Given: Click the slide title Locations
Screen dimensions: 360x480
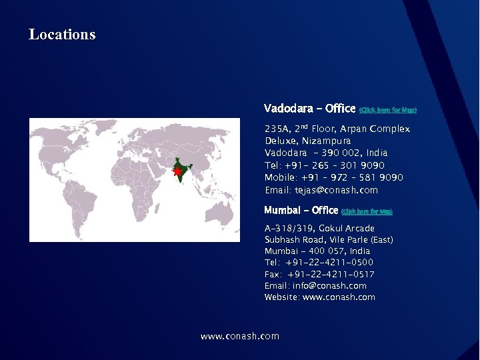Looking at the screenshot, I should [x=62, y=35].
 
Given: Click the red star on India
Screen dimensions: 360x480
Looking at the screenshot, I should [x=177, y=172].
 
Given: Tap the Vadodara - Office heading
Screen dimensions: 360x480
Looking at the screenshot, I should [x=309, y=108].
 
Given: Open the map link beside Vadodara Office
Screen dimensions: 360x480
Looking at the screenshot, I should [x=387, y=110].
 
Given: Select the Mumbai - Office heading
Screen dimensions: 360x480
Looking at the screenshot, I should [x=301, y=210].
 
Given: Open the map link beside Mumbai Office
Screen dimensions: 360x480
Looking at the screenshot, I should [x=367, y=212].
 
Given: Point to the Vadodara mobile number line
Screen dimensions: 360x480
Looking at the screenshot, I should [x=333, y=177].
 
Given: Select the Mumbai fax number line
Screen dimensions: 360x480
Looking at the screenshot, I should [x=319, y=274].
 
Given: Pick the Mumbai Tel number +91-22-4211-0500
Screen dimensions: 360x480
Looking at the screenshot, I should [x=319, y=263].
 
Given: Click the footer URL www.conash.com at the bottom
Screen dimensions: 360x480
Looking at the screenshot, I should [x=240, y=336].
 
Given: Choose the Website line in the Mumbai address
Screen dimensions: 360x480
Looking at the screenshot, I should [x=319, y=297].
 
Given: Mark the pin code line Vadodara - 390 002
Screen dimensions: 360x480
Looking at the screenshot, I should [x=325, y=153].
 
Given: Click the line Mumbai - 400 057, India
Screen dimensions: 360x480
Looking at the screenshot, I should [x=317, y=251].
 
